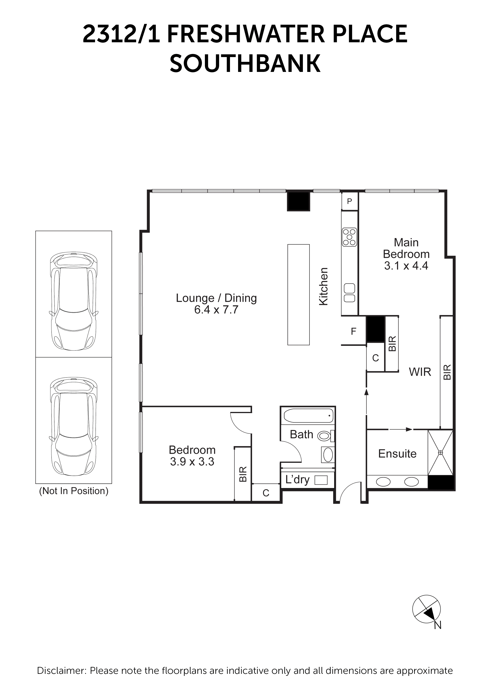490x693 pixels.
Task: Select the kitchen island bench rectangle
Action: (x=298, y=295)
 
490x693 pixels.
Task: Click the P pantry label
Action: (x=350, y=201)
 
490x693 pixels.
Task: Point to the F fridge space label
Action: (x=353, y=332)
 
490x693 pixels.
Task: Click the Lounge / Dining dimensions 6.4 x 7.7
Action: (x=216, y=310)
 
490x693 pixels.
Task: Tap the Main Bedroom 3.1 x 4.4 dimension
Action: (x=406, y=266)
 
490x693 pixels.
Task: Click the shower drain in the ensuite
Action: (x=440, y=452)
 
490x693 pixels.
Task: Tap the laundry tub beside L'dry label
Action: (x=321, y=480)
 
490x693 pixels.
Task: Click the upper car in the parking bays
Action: (x=74, y=301)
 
